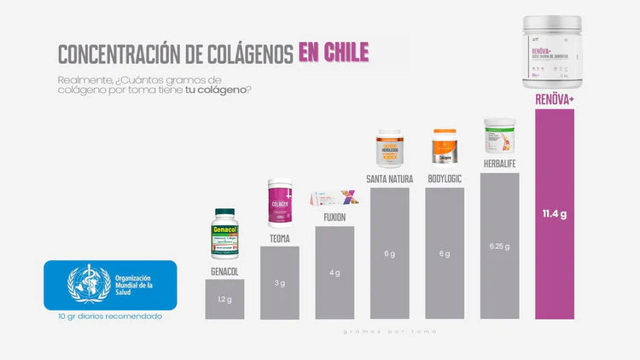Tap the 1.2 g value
[224, 300]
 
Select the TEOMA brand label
[280, 239]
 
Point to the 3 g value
[280, 282]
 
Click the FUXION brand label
[335, 217]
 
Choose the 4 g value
[335, 273]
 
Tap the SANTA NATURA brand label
[390, 178]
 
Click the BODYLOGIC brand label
[445, 178]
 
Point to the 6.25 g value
[500, 247]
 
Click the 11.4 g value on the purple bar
[556, 213]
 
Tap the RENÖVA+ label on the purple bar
[555, 99]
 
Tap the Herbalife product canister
[500, 136]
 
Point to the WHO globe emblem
[89, 285]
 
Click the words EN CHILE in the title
[334, 52]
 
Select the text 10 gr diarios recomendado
[111, 316]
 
